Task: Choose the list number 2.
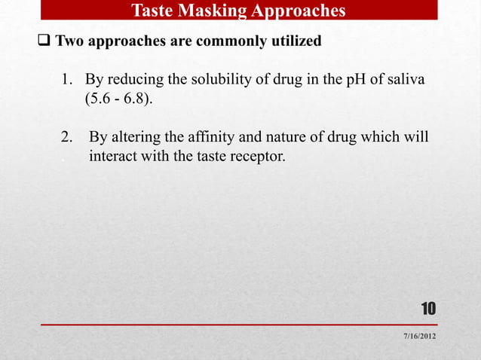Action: pyautogui.click(x=66, y=138)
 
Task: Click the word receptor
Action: pyautogui.click(x=259, y=157)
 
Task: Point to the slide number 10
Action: pyautogui.click(x=427, y=309)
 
